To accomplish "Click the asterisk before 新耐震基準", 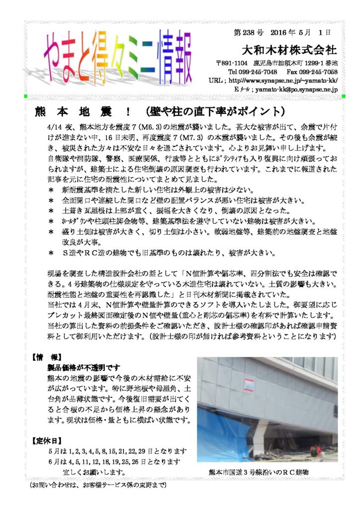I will pos(51,190).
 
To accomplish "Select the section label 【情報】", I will pos(47,357).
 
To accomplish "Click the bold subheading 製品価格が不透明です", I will pos(83,368).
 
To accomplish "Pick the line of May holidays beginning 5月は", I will pos(117,451).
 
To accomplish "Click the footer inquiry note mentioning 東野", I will pos(97,484).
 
